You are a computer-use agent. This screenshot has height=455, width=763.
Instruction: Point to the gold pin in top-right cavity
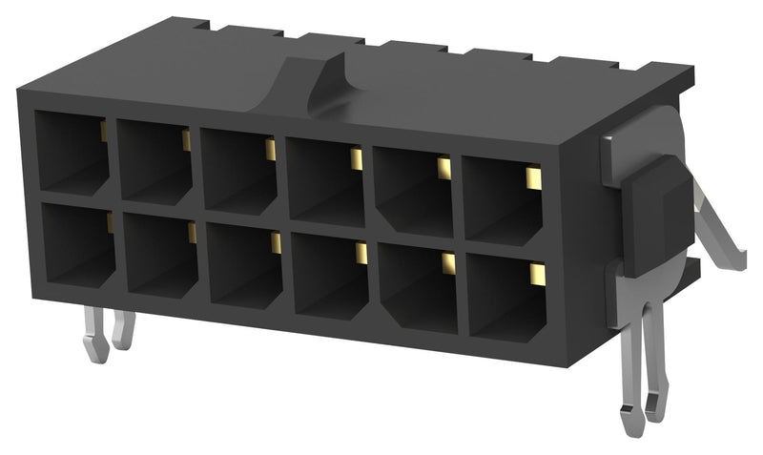(533, 177)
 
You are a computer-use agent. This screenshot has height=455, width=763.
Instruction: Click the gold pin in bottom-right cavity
(536, 276)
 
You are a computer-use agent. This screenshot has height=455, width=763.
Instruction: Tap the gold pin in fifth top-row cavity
(443, 169)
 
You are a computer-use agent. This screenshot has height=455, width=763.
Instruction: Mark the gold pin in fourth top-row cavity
(357, 158)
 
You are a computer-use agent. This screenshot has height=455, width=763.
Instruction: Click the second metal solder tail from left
(123, 329)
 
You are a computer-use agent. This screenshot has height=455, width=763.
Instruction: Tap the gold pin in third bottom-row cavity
(276, 243)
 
